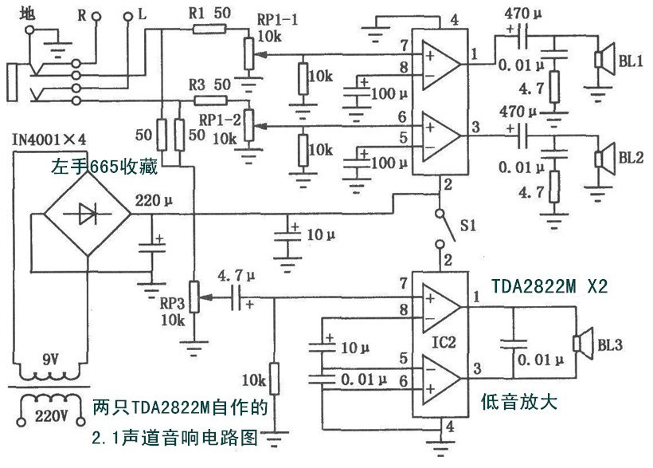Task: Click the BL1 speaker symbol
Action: [x=602, y=61]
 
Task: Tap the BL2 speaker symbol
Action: [x=602, y=156]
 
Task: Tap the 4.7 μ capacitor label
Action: [x=235, y=276]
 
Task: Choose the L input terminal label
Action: [x=143, y=14]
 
